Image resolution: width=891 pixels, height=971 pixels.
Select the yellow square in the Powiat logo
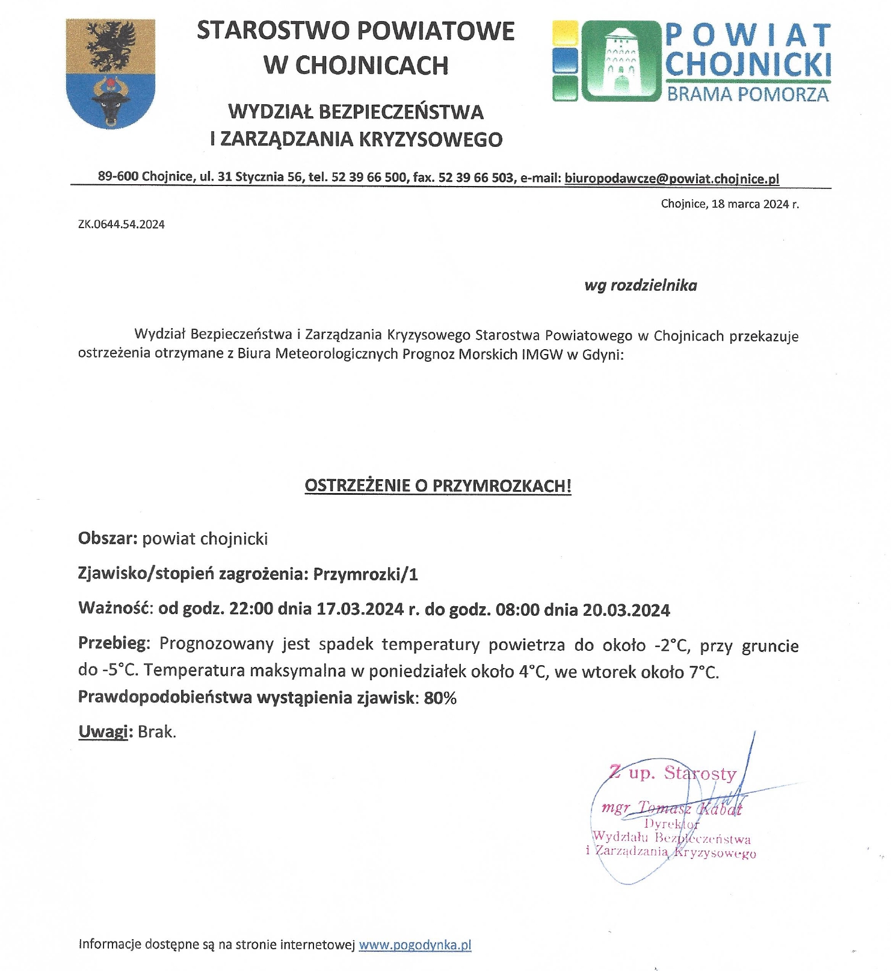click(565, 34)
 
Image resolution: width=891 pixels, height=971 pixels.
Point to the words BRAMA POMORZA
click(748, 95)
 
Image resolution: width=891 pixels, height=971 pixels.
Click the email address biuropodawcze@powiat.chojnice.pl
click(671, 178)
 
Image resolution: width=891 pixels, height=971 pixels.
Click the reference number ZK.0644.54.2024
click(122, 225)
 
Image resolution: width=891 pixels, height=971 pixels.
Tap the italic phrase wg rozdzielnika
click(641, 285)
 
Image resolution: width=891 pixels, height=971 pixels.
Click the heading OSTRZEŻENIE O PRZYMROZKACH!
click(438, 486)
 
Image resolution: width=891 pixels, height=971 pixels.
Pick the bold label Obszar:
click(108, 538)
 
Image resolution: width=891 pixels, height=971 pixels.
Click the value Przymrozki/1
click(365, 574)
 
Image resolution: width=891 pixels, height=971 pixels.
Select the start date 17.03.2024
click(360, 609)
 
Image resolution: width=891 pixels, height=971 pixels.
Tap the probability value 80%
click(440, 698)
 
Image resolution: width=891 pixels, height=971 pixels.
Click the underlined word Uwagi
click(103, 732)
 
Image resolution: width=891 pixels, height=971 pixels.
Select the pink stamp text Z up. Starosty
click(673, 773)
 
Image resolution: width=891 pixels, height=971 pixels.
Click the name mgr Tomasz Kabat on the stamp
click(671, 808)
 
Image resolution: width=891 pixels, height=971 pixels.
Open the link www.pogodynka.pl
click(415, 945)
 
